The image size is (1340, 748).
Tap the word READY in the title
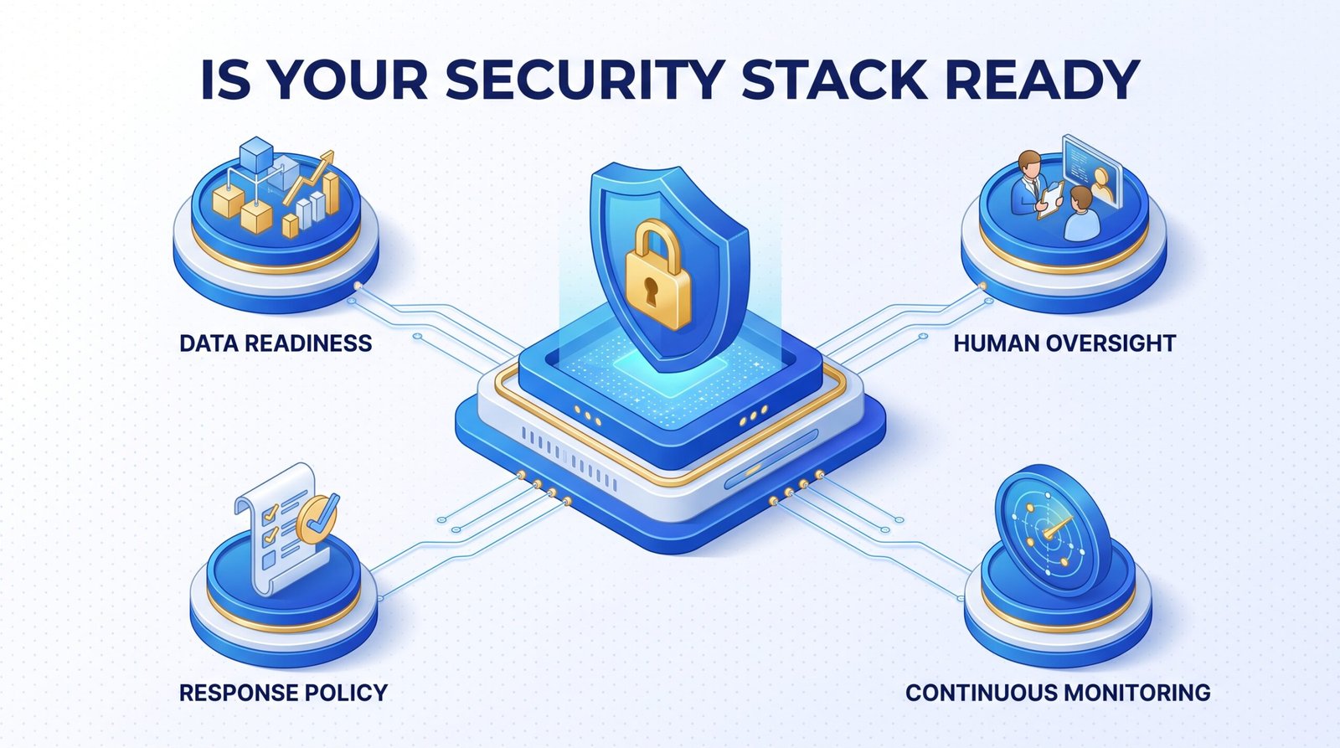[1042, 79]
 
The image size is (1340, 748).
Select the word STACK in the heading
[834, 79]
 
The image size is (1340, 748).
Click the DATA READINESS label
[276, 343]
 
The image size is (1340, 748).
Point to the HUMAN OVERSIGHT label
[1064, 343]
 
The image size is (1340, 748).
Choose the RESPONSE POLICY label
[284, 693]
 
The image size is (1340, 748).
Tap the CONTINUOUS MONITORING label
[1058, 693]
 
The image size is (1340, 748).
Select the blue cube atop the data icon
[256, 153]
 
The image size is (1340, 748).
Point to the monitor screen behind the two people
[1092, 170]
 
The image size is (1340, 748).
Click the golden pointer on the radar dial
[1057, 527]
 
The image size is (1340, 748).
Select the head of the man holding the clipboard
[1029, 163]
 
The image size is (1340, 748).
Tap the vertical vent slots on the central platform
[569, 458]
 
